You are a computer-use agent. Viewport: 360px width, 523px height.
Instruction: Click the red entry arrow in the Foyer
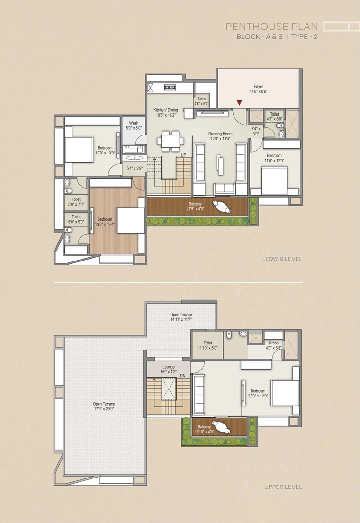(239, 103)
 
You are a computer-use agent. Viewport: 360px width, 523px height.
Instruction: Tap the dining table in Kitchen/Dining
(171, 141)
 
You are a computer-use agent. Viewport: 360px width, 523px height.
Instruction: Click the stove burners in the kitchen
(170, 87)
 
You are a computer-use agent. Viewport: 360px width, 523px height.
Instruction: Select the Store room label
(201, 101)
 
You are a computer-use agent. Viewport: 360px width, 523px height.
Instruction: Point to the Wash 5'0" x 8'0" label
(134, 126)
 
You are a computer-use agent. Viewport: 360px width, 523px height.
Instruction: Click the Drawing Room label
(220, 136)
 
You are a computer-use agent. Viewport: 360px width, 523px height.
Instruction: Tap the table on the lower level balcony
(222, 207)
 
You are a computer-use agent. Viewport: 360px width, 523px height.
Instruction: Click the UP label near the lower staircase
(183, 155)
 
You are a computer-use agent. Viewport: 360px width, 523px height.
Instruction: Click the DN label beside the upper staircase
(182, 376)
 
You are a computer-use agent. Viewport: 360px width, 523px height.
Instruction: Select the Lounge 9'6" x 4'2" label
(169, 369)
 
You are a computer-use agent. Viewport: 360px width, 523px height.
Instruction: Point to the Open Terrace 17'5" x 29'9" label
(104, 406)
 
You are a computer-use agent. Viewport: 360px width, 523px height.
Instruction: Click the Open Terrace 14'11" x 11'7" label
(181, 317)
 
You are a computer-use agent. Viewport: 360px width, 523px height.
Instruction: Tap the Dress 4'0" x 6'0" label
(274, 345)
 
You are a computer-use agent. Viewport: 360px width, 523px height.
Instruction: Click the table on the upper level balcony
(222, 427)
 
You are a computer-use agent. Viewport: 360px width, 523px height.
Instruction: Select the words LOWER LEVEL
(282, 259)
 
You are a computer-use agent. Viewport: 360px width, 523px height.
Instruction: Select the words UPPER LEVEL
(283, 487)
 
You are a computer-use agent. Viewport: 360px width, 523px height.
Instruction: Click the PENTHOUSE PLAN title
(272, 27)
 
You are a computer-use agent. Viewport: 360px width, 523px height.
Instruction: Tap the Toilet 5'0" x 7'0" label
(76, 202)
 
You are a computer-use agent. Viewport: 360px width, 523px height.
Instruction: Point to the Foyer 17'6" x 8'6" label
(259, 89)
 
